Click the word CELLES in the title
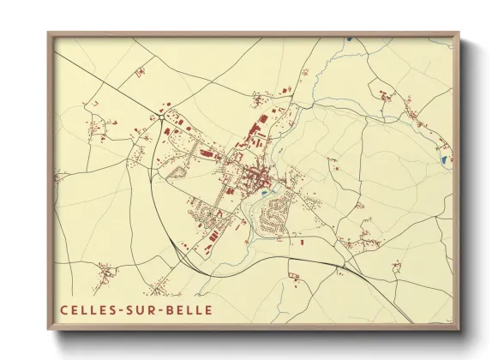tap(84, 309)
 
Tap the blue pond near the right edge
tap(442, 159)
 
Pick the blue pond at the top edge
tap(350, 39)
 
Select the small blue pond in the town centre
tap(262, 193)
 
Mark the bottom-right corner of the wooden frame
tap(459, 328)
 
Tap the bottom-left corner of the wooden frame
tap(49, 328)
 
